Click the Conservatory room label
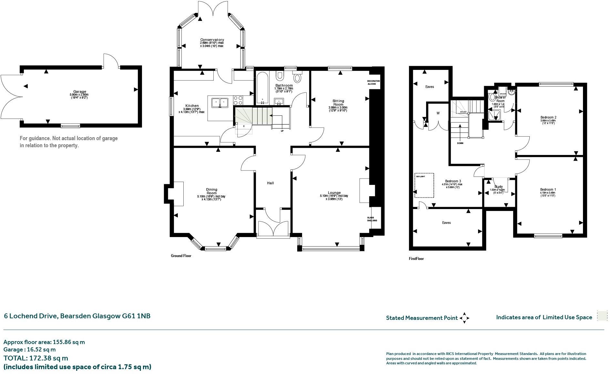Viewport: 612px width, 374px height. [x=212, y=40]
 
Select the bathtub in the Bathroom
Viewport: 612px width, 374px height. [x=262, y=88]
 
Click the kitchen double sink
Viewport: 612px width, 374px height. [x=220, y=103]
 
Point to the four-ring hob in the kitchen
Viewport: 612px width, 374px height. [x=238, y=99]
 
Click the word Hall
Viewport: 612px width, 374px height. [x=270, y=183]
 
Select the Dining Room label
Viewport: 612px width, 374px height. [x=211, y=191]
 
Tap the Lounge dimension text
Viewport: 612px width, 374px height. [x=334, y=197]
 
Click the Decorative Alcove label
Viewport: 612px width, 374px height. [x=373, y=82]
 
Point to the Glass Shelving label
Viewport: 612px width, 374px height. [x=372, y=219]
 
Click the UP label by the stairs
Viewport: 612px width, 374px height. [x=282, y=131]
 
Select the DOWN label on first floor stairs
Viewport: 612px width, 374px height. [x=460, y=143]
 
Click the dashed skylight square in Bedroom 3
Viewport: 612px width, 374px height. [x=424, y=185]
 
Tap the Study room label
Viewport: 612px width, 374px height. [x=498, y=187]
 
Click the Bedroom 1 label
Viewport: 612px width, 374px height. [x=548, y=189]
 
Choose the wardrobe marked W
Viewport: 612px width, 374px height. [x=438, y=113]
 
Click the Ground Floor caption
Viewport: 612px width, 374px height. [x=181, y=256]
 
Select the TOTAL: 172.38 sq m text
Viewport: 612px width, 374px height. [x=36, y=358]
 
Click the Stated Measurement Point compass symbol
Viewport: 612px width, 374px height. [x=464, y=318]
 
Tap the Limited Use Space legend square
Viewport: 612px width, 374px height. [x=602, y=316]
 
